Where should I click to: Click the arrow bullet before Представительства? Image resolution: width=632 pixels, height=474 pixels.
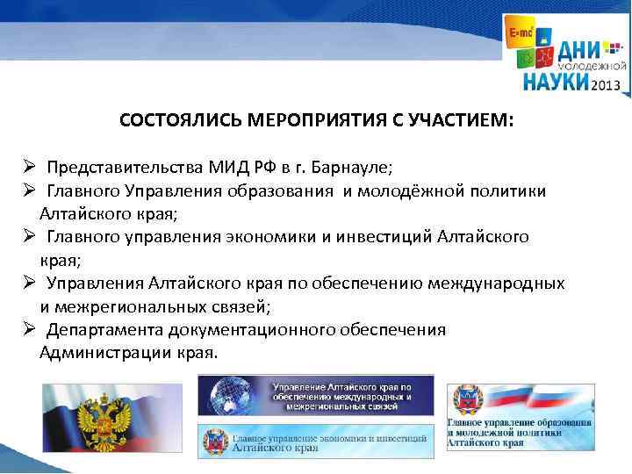(x=28, y=167)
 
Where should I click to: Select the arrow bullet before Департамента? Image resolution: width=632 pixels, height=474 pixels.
(x=28, y=330)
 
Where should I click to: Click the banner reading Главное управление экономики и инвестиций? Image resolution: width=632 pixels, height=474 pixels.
(x=316, y=442)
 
